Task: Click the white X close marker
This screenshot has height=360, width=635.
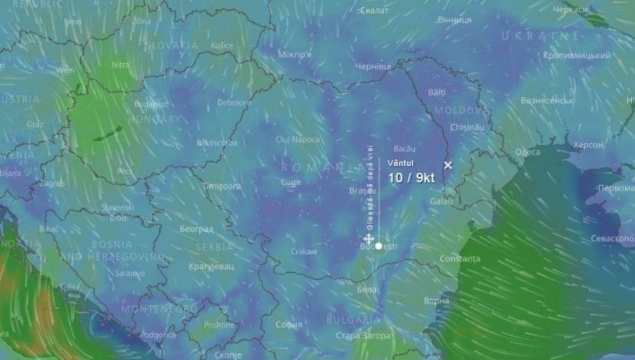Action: (448, 164)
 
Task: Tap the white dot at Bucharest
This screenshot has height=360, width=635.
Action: (379, 245)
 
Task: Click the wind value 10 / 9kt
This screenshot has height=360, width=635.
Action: (411, 177)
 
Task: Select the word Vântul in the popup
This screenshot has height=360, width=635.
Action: (401, 163)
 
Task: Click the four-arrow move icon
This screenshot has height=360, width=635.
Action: (369, 239)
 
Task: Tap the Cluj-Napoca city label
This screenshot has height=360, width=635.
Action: (297, 140)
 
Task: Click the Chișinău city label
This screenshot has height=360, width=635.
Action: (467, 126)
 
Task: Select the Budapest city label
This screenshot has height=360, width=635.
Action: (151, 104)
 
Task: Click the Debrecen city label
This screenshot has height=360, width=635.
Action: (234, 103)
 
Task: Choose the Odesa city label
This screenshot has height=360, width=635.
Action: (527, 152)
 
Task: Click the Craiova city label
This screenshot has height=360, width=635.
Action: (305, 251)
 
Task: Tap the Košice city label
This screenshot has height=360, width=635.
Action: (222, 45)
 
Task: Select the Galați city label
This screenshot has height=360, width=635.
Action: (442, 201)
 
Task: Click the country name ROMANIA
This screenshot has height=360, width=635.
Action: (323, 167)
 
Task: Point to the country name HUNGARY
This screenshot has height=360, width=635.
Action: (154, 120)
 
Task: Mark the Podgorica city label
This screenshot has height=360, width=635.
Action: (159, 335)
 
